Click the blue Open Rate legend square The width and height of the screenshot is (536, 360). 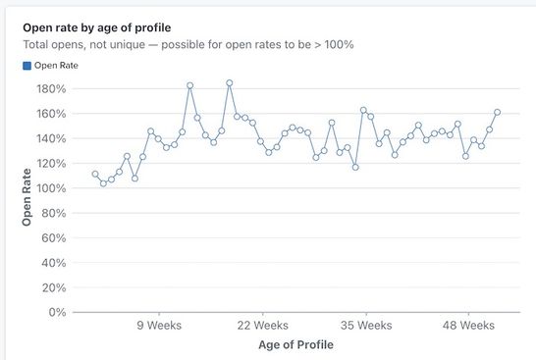click(27, 66)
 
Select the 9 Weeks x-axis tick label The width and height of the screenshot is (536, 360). click(157, 326)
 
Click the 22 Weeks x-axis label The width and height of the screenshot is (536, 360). click(262, 326)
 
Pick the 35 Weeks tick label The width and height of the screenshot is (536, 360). click(366, 326)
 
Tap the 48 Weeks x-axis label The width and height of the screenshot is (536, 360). click(469, 326)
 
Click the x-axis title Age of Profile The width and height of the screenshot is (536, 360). click(295, 345)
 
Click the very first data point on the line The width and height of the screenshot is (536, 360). click(95, 175)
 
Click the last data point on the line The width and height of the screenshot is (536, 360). click(497, 112)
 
